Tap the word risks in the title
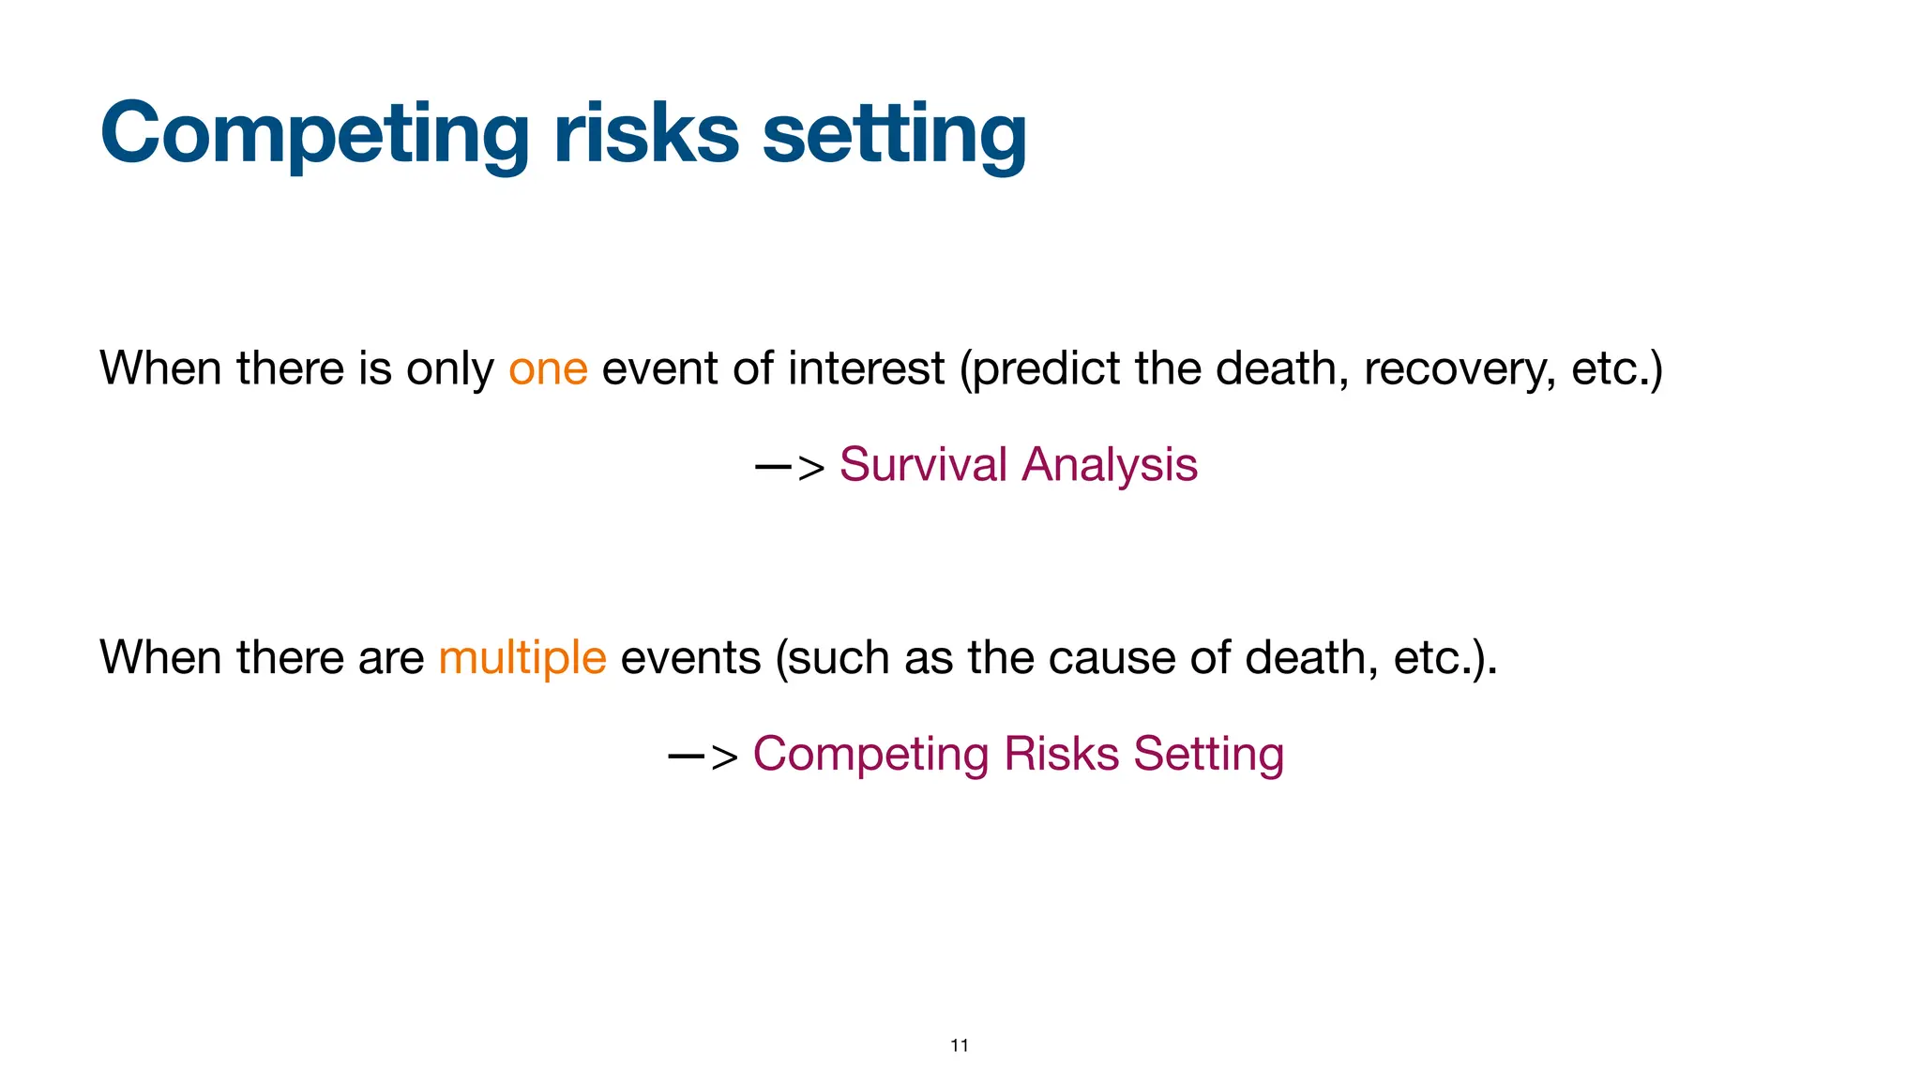click(x=646, y=134)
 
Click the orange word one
click(x=548, y=368)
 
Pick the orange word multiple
click(x=522, y=657)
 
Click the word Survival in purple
click(x=923, y=464)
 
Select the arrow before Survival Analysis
click(x=790, y=466)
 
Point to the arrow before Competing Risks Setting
click(x=703, y=756)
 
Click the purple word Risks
click(x=1061, y=754)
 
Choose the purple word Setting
click(x=1208, y=754)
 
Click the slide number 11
click(x=960, y=1045)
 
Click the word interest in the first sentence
click(x=866, y=368)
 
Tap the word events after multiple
click(x=690, y=657)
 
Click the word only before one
click(x=449, y=368)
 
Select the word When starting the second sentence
click(x=160, y=657)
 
